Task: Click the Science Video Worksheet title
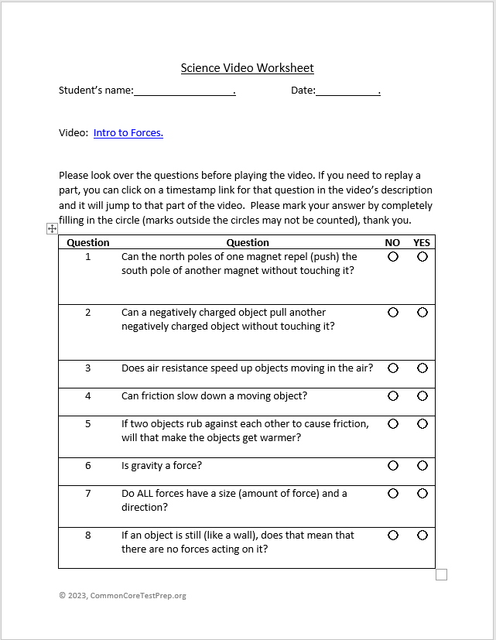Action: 248,68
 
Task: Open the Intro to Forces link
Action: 128,133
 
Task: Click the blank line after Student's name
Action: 183,91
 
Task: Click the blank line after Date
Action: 347,91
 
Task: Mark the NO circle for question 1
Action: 393,257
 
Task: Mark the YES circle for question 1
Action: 422,257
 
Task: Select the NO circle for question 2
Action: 393,313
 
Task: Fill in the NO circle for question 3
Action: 393,368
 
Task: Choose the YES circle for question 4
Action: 422,396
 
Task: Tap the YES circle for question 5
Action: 422,424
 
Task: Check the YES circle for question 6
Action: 422,466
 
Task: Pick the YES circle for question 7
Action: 422,494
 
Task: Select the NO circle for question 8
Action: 393,536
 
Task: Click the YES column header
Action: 422,243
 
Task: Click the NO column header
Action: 393,243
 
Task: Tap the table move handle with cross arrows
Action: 52,228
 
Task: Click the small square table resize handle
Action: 441,574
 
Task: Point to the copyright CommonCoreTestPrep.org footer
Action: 122,596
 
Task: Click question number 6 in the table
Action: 88,466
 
